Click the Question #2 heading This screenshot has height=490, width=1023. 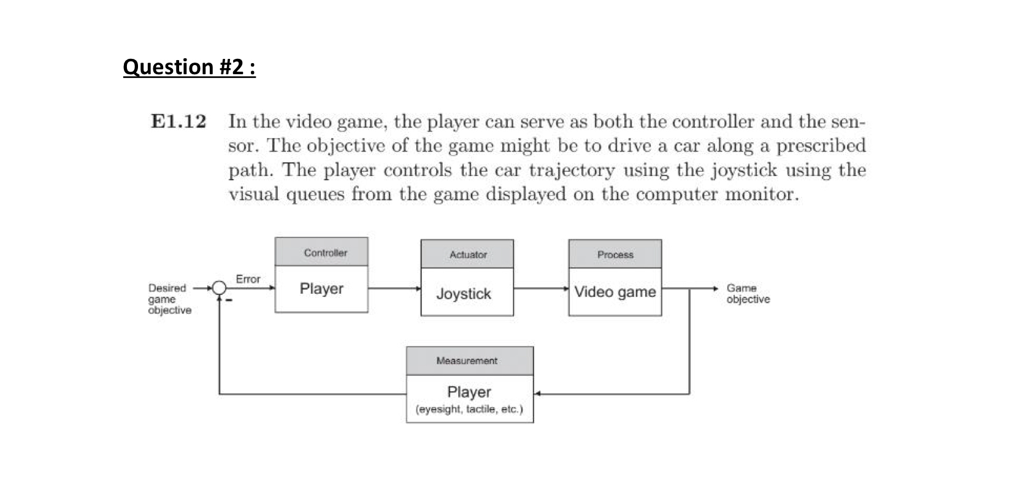click(189, 66)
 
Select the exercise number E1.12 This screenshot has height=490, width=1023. click(178, 121)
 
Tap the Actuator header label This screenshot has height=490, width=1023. click(468, 255)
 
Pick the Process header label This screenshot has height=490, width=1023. click(615, 255)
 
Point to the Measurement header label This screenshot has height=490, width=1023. click(467, 361)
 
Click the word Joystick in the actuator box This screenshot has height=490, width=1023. click(464, 294)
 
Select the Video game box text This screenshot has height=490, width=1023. click(615, 292)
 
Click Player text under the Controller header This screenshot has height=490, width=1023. click(321, 288)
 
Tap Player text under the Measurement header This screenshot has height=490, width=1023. click(469, 392)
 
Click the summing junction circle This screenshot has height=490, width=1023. click(219, 288)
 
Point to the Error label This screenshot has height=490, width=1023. click(248, 279)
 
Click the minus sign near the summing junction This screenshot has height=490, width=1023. click(229, 301)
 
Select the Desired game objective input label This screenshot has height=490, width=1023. click(169, 299)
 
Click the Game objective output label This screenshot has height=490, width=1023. click(748, 293)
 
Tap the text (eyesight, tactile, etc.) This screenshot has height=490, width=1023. click(469, 409)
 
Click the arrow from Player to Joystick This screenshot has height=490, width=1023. click(394, 288)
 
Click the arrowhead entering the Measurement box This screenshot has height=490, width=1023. click(538, 393)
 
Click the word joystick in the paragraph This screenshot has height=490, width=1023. click(744, 170)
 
